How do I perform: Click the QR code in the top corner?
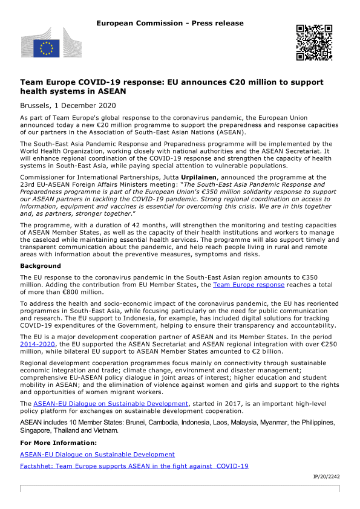pyautogui.click(x=314, y=42)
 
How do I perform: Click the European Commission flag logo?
pyautogui.click(x=46, y=45)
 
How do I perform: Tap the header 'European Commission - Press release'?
pyautogui.click(x=169, y=23)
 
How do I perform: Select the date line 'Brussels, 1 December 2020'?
pyautogui.click(x=68, y=105)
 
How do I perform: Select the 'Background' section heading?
pyautogui.click(x=41, y=266)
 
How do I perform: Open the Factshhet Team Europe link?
pyautogui.click(x=134, y=466)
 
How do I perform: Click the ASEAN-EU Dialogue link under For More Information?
pyautogui.click(x=97, y=454)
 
